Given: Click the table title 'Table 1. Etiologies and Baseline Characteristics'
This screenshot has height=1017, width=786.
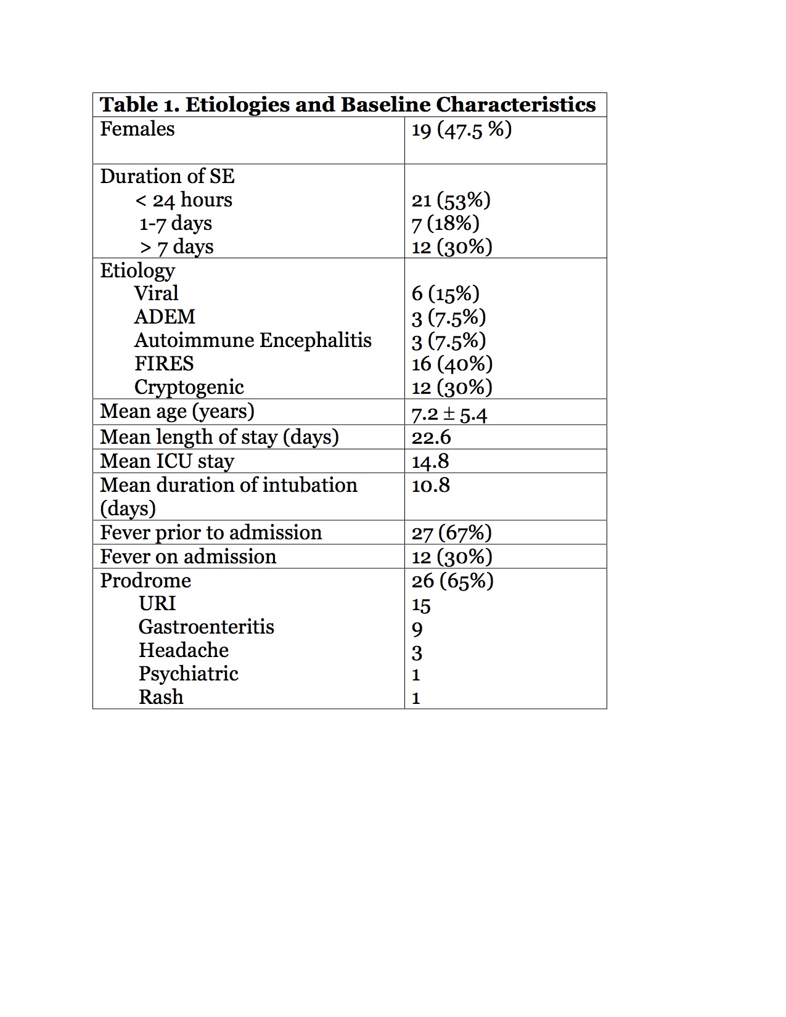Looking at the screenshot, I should pyautogui.click(x=348, y=105).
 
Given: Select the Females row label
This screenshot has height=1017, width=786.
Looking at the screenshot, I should pyautogui.click(x=137, y=129).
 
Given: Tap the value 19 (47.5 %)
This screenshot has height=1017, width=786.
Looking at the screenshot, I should pyautogui.click(x=462, y=129).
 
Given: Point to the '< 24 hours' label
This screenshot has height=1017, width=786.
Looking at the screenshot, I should pyautogui.click(x=184, y=200).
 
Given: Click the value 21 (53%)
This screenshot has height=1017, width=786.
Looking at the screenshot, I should pyautogui.click(x=451, y=200).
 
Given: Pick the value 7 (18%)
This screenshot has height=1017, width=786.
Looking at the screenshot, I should pyautogui.click(x=445, y=223).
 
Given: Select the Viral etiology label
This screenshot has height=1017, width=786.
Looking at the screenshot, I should pyautogui.click(x=157, y=293).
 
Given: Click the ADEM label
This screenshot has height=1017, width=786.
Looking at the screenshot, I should pyautogui.click(x=165, y=317).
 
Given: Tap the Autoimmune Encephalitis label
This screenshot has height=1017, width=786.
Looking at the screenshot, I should pyautogui.click(x=253, y=340).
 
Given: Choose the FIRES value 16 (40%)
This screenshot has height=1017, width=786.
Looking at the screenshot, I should pyautogui.click(x=452, y=364).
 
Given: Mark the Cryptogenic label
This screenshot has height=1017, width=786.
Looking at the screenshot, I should pyautogui.click(x=189, y=387).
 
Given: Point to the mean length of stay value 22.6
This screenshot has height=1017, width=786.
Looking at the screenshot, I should pyautogui.click(x=432, y=438).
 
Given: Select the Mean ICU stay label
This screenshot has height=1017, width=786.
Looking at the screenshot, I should pyautogui.click(x=167, y=461).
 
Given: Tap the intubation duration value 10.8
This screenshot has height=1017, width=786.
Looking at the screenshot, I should pyautogui.click(x=431, y=486).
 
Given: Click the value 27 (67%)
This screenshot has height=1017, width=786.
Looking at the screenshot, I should pyautogui.click(x=451, y=533).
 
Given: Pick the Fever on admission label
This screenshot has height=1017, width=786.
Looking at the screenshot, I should pyautogui.click(x=188, y=557).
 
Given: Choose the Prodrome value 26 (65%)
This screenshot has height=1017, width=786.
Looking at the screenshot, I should pyautogui.click(x=452, y=581).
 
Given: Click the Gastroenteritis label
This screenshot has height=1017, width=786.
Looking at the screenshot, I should pyautogui.click(x=207, y=627).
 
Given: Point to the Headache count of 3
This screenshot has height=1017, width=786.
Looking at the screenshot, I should pyautogui.click(x=417, y=652).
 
